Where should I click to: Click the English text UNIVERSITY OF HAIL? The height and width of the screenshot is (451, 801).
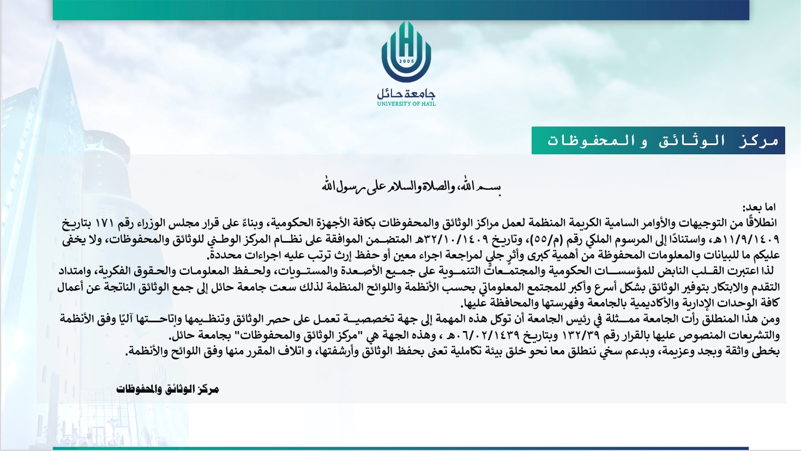[x=406, y=104]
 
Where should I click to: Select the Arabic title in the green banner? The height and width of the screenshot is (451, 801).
[x=663, y=141]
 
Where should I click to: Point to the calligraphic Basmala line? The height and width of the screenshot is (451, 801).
[x=411, y=187]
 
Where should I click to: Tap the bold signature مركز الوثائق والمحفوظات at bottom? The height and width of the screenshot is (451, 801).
[x=167, y=389]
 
